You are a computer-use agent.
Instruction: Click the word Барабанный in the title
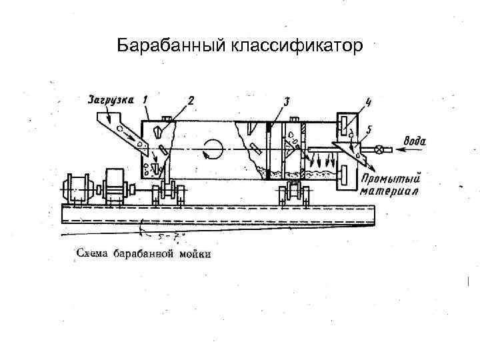[x=171, y=46]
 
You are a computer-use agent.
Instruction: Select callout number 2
[x=191, y=101]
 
